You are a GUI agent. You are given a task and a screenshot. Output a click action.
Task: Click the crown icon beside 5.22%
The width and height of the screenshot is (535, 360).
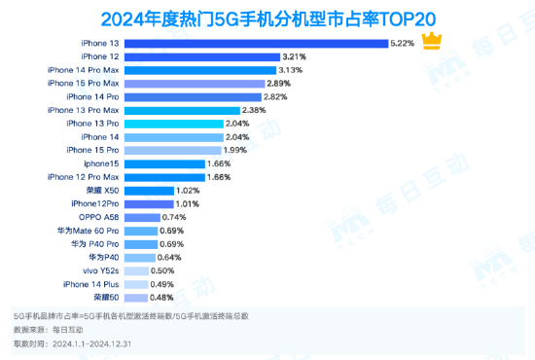pos(433,43)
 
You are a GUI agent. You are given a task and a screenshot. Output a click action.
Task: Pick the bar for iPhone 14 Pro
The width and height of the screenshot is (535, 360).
pos(198,97)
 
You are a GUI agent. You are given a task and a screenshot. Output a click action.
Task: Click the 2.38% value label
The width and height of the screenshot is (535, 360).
pos(254,111)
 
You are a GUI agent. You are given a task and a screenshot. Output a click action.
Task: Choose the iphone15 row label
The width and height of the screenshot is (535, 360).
pos(101,164)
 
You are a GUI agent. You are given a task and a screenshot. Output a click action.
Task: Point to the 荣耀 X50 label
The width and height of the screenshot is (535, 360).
pos(103,191)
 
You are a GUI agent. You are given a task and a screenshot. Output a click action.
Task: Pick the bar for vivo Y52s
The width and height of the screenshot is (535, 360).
pos(135,270)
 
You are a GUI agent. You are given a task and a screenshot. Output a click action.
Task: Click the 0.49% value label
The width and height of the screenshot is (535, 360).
pos(161,284)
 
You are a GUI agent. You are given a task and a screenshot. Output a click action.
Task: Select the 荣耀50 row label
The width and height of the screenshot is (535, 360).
pos(106,297)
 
